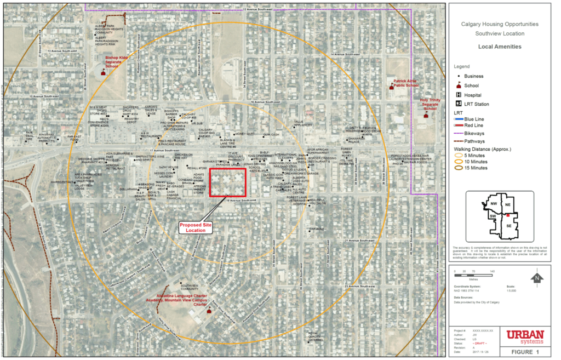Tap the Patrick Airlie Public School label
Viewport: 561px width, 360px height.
point(406,83)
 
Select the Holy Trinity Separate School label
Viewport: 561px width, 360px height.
point(430,104)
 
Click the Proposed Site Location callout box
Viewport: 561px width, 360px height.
point(196,227)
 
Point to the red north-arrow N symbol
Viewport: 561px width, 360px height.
point(537,278)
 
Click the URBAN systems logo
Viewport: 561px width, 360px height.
point(524,337)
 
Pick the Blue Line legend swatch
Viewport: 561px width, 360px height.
point(458,118)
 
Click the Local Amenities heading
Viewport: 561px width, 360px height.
point(500,47)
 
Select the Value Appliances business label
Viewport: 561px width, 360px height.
point(303,124)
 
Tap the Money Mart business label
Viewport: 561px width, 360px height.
point(244,134)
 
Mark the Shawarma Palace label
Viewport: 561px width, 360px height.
point(356,139)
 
